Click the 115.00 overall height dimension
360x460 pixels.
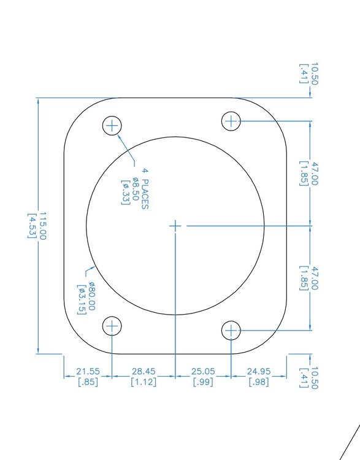(42, 226)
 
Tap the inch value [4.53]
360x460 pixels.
(32, 226)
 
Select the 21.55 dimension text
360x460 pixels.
(88, 372)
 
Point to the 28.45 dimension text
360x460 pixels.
(144, 372)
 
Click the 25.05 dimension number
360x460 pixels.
(204, 372)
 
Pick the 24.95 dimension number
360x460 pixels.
(259, 372)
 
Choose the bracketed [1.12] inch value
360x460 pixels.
(144, 382)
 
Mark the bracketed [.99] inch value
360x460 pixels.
(204, 382)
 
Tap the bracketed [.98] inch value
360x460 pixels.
(259, 382)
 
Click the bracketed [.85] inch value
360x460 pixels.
(88, 382)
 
